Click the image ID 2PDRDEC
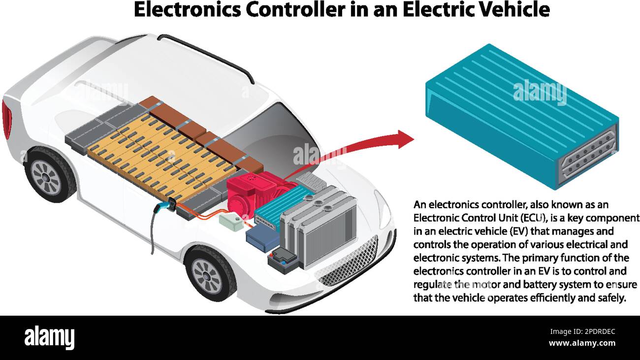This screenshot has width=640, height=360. (591, 332)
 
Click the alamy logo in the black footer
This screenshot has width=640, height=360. (49, 337)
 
